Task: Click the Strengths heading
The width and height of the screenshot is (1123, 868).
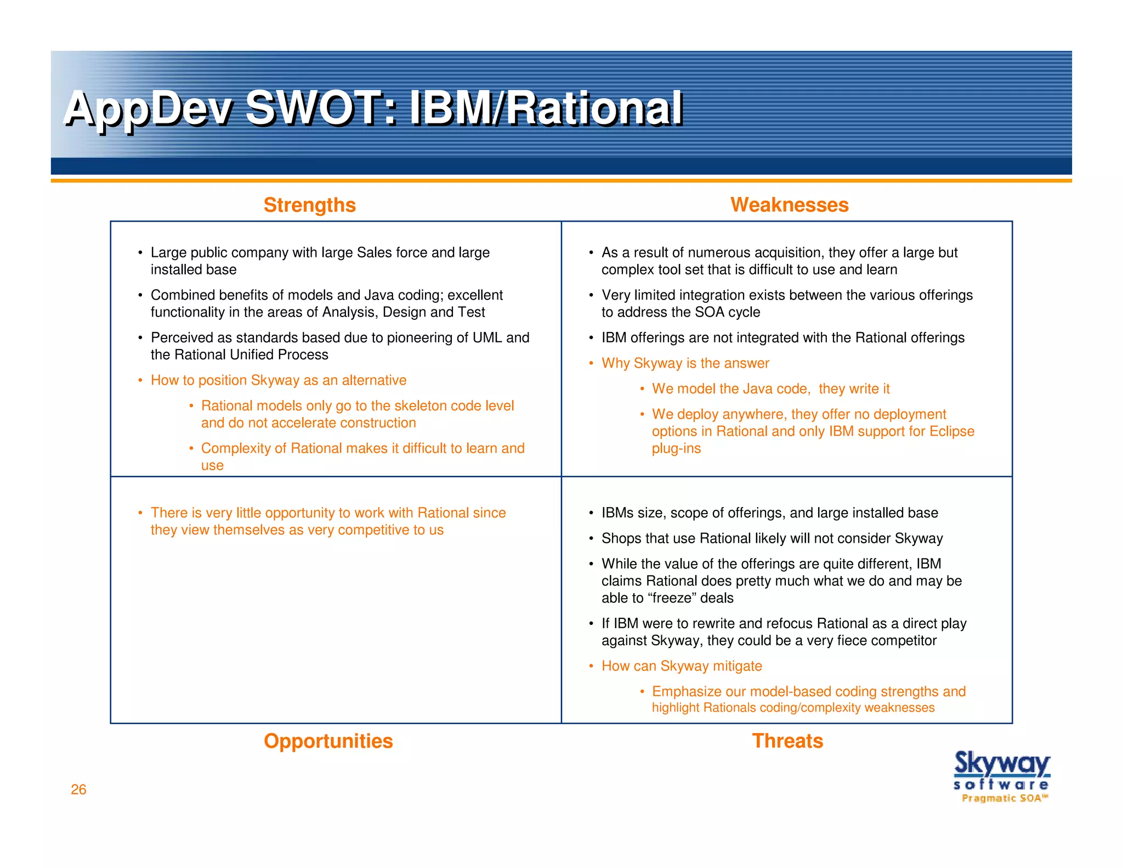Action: click(309, 205)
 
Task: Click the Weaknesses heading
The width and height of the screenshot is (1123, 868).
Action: click(789, 205)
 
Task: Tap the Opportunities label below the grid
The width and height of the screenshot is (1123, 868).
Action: click(328, 741)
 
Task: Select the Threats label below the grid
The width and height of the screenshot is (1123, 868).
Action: click(787, 741)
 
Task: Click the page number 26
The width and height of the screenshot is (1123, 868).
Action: click(78, 789)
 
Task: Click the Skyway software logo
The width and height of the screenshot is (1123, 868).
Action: click(1001, 770)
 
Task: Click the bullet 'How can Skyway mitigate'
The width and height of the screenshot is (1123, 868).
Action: click(682, 666)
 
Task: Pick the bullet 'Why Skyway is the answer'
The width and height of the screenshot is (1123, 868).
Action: click(685, 363)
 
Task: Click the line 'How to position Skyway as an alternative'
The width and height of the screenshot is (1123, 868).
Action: click(279, 380)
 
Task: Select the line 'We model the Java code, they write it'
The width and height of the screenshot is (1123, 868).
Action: click(770, 389)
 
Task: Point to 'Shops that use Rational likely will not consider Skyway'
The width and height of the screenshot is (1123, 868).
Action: click(772, 538)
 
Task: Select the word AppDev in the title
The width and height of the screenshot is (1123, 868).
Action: click(148, 108)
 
